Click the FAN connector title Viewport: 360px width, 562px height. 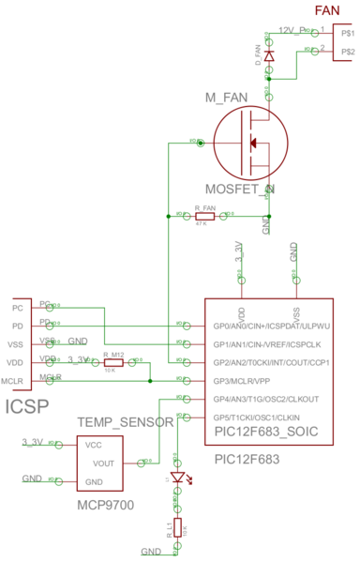(327, 10)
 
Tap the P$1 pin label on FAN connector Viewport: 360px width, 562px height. (348, 33)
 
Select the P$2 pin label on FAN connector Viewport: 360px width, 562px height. (348, 51)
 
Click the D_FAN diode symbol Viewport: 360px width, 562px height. (269, 57)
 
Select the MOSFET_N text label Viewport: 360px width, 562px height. (240, 190)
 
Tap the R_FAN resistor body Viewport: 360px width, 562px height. (203, 216)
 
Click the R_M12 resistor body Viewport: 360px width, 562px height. (113, 362)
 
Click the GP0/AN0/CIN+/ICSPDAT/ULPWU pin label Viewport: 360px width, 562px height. (273, 327)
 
